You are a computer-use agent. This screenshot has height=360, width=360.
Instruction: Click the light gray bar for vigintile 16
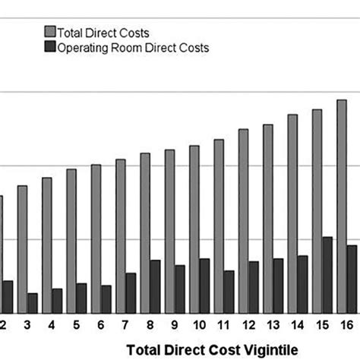coord(342,205)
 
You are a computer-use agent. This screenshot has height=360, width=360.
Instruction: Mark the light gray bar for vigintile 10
coord(194,228)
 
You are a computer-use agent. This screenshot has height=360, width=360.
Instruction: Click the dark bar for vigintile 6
coord(106,298)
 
